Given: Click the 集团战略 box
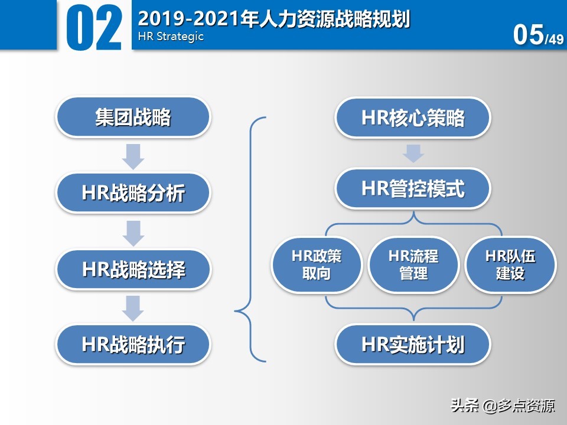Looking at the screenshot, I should [133, 117].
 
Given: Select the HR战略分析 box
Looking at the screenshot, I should [133, 193].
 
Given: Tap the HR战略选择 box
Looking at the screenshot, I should [133, 270].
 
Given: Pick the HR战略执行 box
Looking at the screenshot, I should [133, 344].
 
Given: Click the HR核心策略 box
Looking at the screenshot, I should [413, 118].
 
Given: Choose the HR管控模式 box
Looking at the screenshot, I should [413, 189].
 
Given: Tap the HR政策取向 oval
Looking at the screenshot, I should [317, 265].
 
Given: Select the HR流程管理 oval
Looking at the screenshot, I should [413, 265].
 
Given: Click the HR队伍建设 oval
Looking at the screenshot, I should [510, 265].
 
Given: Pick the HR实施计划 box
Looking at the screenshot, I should [413, 345].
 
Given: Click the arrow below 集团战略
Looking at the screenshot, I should [133, 155].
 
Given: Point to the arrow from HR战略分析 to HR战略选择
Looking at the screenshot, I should [133, 232].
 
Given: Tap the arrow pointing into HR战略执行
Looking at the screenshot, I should [133, 307].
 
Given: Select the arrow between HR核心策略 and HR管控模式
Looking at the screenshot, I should [413, 153].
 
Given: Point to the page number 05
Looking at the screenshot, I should [528, 35].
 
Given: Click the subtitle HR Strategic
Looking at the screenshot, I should [171, 37].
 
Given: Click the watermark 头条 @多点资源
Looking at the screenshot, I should [503, 406].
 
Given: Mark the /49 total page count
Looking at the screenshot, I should [554, 40].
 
